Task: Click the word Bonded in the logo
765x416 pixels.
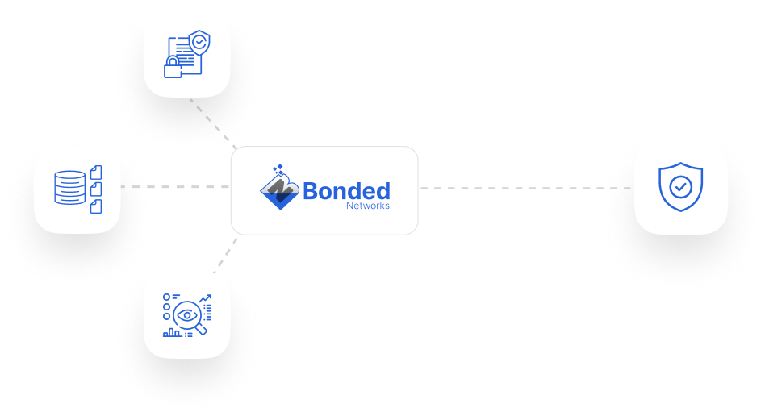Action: point(346,191)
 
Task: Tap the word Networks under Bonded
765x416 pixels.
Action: point(367,206)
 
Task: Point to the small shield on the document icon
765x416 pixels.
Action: point(198,41)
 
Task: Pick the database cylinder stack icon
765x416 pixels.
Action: point(69,187)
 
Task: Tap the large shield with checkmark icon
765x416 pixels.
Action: point(680,187)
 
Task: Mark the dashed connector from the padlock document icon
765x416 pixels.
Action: point(211,122)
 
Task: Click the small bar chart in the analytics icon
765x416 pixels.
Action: point(172,331)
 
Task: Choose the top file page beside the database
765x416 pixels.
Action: point(96,172)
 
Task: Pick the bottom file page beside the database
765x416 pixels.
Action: point(96,206)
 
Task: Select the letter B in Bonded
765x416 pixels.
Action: point(312,191)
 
